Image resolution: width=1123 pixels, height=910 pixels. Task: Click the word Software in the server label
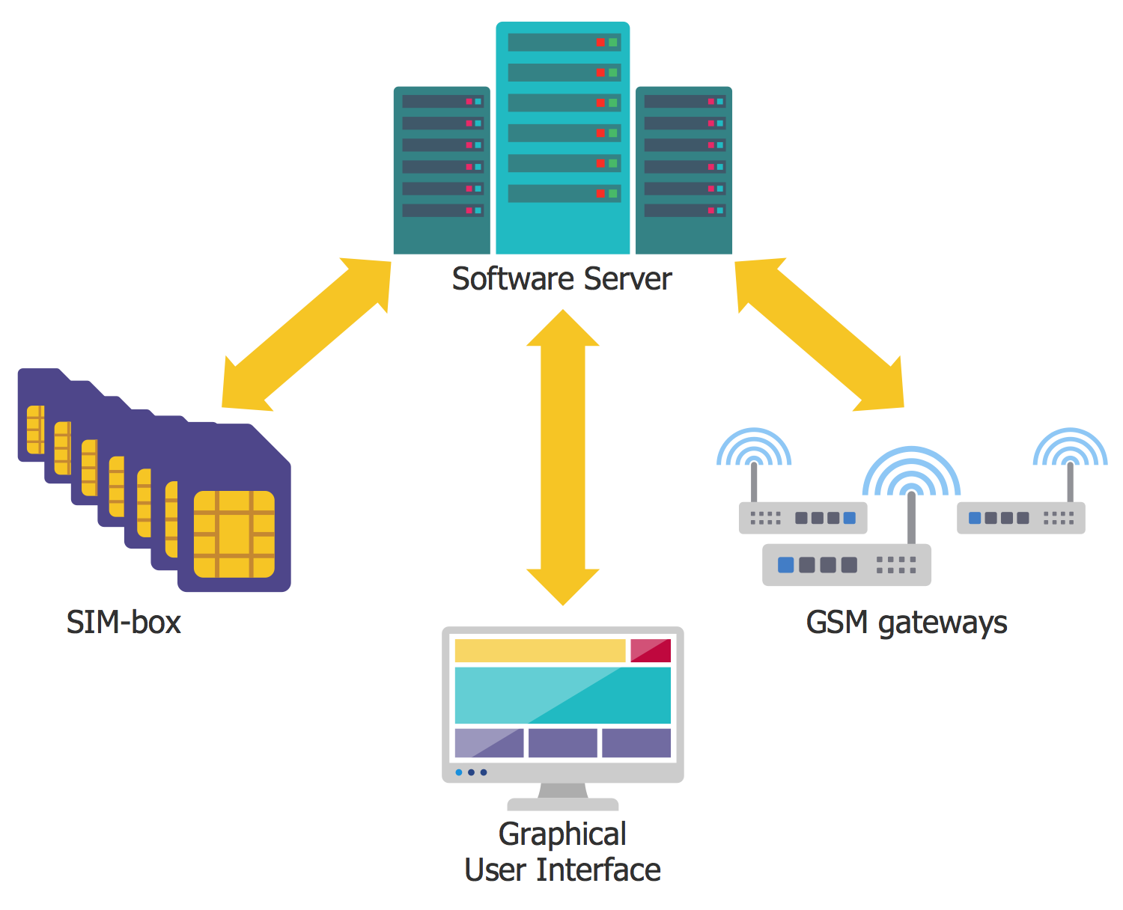click(x=514, y=279)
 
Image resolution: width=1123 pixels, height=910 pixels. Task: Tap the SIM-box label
click(x=124, y=623)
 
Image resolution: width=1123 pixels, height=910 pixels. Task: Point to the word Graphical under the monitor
click(x=562, y=834)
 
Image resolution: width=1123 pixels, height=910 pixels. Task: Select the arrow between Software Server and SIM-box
click(x=307, y=335)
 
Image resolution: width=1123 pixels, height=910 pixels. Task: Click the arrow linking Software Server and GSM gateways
click(x=819, y=335)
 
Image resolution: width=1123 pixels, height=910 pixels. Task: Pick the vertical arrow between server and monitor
click(x=563, y=457)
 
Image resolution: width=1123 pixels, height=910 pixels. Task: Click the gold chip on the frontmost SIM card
click(x=234, y=534)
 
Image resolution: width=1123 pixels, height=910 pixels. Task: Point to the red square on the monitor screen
click(x=651, y=650)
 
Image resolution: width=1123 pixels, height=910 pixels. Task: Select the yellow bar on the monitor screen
click(x=540, y=650)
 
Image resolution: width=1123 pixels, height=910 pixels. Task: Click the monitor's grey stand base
click(x=563, y=804)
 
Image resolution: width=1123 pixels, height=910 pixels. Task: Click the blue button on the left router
click(x=849, y=518)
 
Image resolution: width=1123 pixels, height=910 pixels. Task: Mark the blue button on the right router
click(x=975, y=518)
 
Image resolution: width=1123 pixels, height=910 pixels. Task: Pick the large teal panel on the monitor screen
click(x=563, y=695)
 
